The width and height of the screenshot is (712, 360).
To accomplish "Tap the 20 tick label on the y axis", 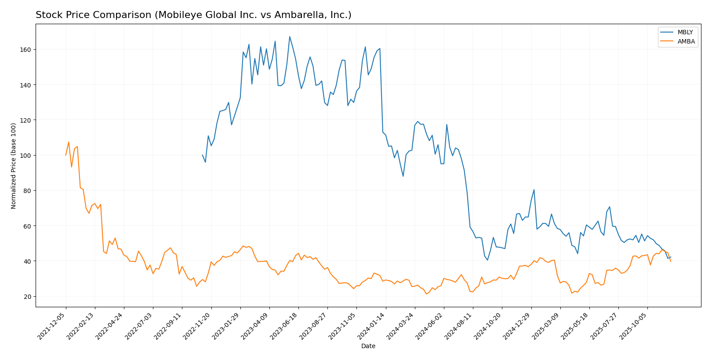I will coord(27,296).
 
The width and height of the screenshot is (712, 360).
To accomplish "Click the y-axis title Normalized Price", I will coord(14,166).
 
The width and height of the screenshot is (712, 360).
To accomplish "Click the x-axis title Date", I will coord(368,346).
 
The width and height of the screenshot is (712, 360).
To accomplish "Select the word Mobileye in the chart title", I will coord(178,15).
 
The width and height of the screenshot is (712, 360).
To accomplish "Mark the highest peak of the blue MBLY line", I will coord(290,36).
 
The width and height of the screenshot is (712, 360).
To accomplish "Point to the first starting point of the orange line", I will coord(66,155).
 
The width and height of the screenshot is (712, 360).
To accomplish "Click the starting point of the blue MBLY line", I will coord(203,155).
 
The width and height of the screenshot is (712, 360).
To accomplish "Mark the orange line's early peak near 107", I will coord(69,142).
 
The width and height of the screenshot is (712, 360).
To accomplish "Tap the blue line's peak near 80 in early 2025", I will coord(534,190).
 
